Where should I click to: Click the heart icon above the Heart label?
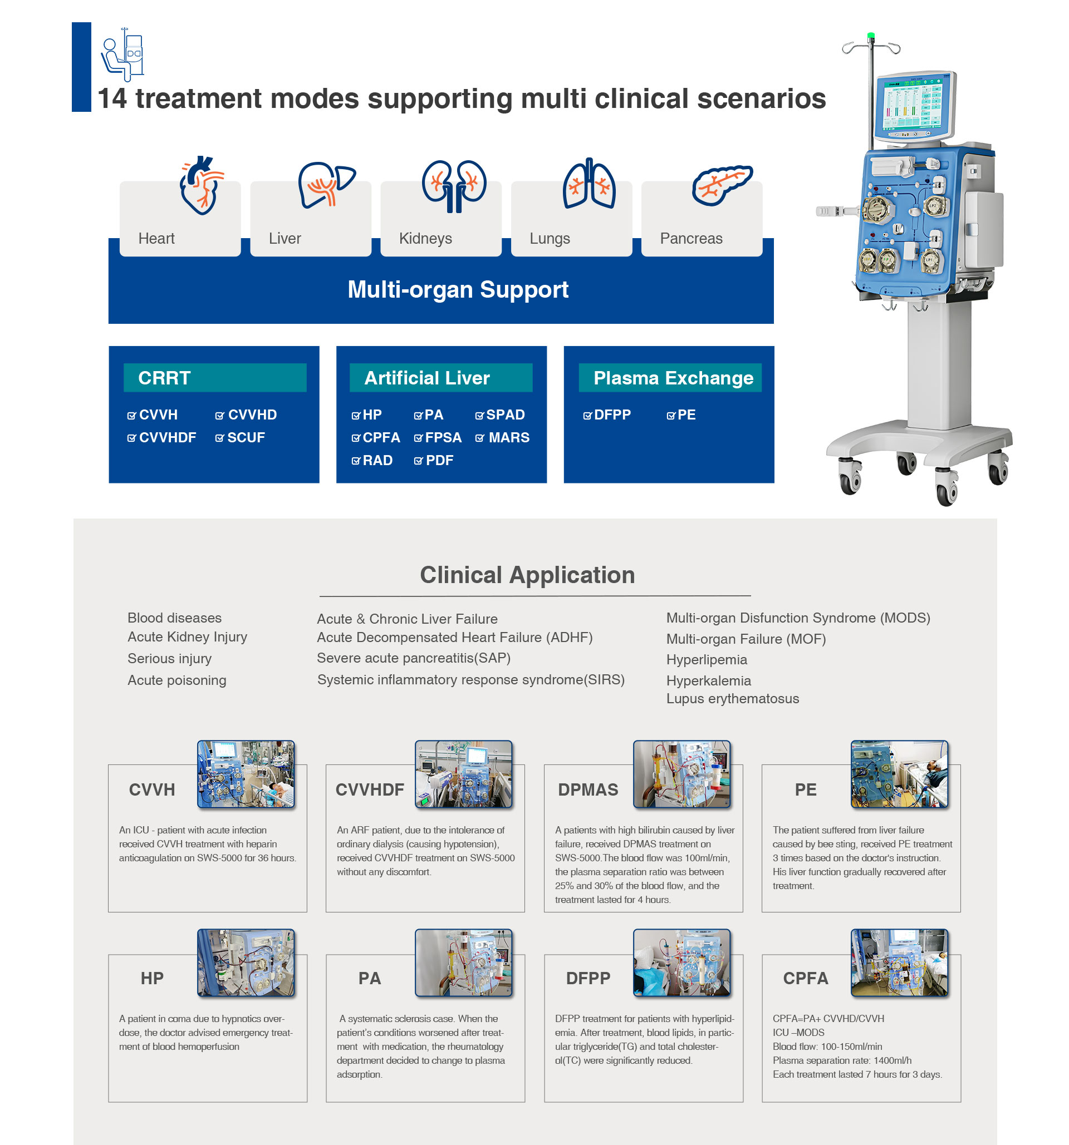pyautogui.click(x=202, y=185)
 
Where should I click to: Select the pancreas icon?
pyautogui.click(x=722, y=185)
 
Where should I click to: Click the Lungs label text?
pyautogui.click(x=549, y=239)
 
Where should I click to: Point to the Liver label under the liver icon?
pyautogui.click(x=285, y=239)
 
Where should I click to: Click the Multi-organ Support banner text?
pyautogui.click(x=458, y=289)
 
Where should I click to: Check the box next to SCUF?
pyautogui.click(x=219, y=438)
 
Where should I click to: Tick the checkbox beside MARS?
pyautogui.click(x=479, y=438)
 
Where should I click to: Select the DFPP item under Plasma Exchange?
pyautogui.click(x=607, y=414)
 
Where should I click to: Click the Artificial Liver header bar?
pyautogui.click(x=441, y=378)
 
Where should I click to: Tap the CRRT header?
pyautogui.click(x=215, y=378)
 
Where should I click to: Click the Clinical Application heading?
pyautogui.click(x=527, y=575)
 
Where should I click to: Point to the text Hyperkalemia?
pyautogui.click(x=708, y=681)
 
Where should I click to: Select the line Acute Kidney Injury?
pyautogui.click(x=187, y=637)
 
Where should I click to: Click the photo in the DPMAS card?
pyautogui.click(x=681, y=774)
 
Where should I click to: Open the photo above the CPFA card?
pyautogui.click(x=899, y=963)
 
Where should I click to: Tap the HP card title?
pyautogui.click(x=152, y=978)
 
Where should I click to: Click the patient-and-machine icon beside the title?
pyautogui.click(x=122, y=54)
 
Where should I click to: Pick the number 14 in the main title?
pyautogui.click(x=112, y=98)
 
